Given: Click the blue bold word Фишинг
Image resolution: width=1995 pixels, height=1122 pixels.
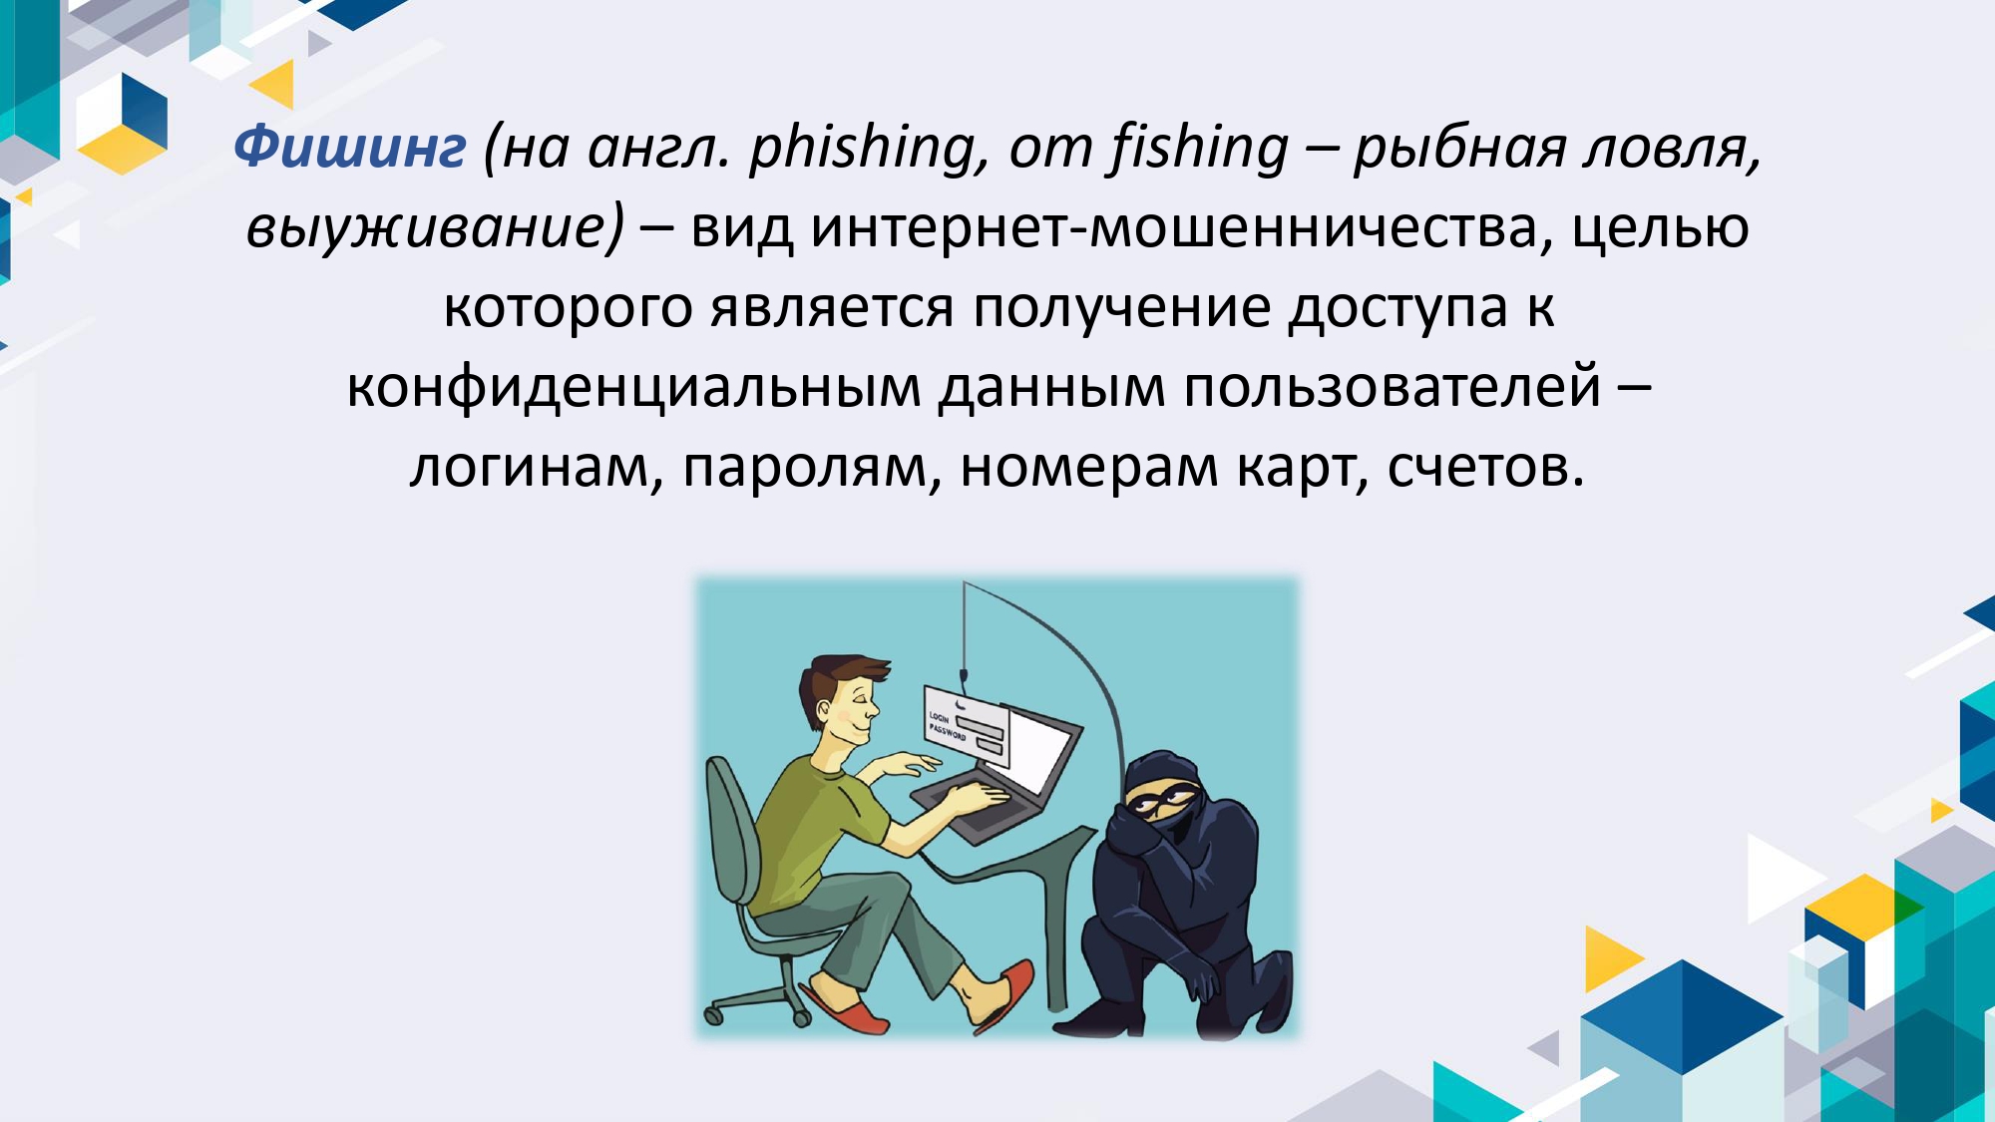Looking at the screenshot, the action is coord(350,148).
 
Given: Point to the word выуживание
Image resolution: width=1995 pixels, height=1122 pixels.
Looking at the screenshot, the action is coord(435,227).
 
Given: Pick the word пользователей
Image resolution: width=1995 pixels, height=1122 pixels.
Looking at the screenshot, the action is coord(1393,387).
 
